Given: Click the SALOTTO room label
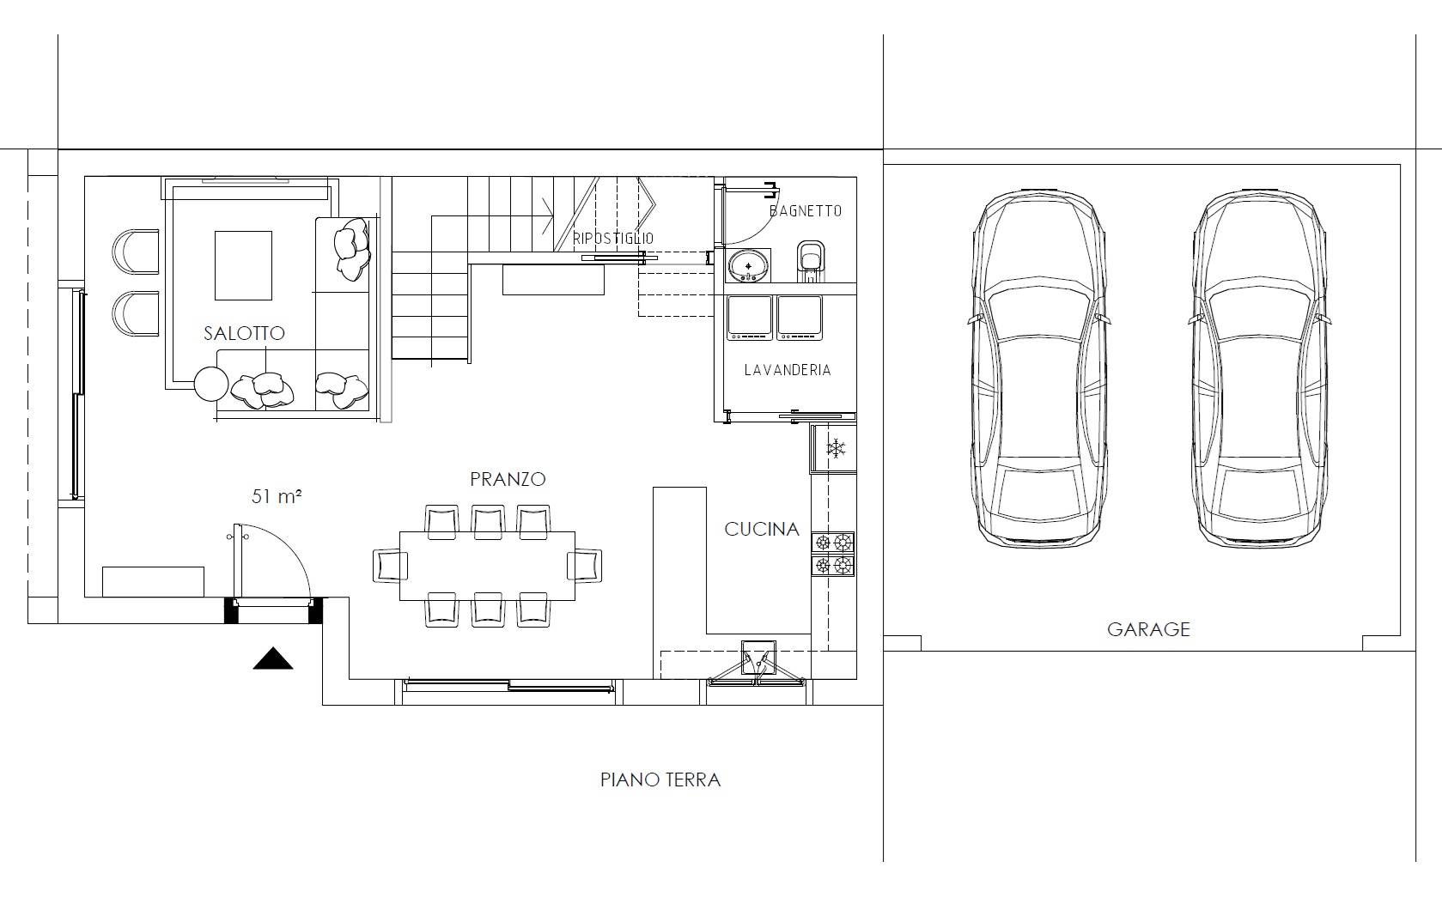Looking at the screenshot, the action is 244,333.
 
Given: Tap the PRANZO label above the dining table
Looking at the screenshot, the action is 508,479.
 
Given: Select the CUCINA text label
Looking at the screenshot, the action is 762,530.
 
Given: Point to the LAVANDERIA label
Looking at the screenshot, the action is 788,370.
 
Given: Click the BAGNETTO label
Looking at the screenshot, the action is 806,211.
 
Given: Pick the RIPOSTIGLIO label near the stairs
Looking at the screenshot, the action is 613,239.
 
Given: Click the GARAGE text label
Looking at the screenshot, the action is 1148,629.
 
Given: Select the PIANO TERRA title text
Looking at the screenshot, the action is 660,780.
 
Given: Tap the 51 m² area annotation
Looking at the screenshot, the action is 277,496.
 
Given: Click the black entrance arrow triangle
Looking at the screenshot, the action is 273,659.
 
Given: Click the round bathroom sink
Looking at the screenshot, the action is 748,265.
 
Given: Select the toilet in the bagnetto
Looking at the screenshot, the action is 811,261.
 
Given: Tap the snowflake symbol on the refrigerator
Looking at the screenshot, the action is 836,448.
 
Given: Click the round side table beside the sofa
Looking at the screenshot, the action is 211,384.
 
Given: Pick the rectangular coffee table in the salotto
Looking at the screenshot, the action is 243,265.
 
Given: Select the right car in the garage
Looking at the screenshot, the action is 1259,368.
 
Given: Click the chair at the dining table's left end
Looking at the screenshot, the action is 390,566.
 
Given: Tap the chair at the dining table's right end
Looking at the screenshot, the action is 585,566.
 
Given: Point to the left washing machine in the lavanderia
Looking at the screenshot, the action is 749,318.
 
